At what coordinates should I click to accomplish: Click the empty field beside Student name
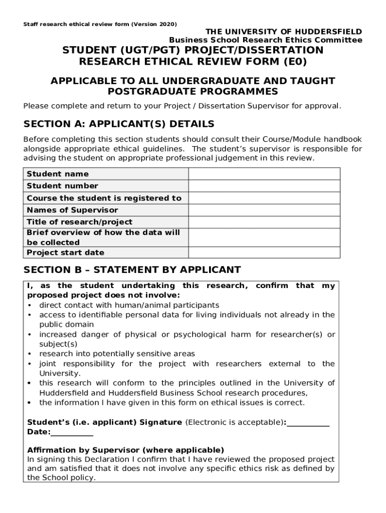coord(264,174)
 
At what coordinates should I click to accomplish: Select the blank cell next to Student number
coord(264,186)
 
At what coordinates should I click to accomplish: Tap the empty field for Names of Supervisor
coord(264,210)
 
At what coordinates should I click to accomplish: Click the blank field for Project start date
coord(264,252)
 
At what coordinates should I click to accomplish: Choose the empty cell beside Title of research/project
coord(264,222)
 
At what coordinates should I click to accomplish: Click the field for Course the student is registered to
coord(264,198)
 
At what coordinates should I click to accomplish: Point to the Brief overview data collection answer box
coord(264,237)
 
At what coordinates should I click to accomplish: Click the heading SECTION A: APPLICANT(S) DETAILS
coord(119,124)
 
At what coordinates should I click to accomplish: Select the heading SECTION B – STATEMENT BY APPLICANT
coord(132,270)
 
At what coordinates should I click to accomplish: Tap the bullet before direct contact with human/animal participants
coord(30,305)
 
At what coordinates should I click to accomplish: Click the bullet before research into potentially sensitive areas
coord(30,354)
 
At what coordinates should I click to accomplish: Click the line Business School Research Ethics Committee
coord(265,40)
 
